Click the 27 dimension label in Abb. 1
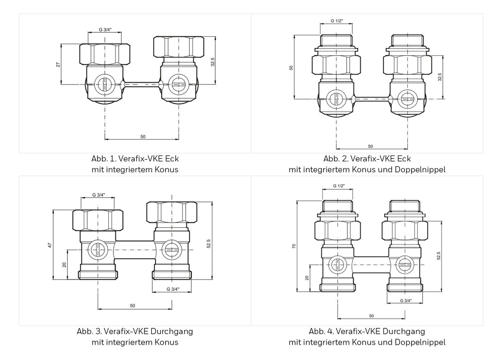pyautogui.click(x=58, y=64)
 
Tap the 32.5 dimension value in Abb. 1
pyautogui.click(x=213, y=62)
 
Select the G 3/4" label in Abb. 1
pyautogui.click(x=105, y=29)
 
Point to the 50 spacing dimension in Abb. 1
pyautogui.click(x=143, y=136)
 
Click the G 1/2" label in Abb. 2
pyautogui.click(x=337, y=21)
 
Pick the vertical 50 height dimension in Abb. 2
pyautogui.click(x=291, y=67)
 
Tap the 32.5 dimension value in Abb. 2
pyautogui.click(x=440, y=77)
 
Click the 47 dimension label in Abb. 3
pyautogui.click(x=50, y=245)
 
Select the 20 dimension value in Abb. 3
pyautogui.click(x=64, y=265)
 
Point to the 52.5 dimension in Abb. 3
pyautogui.click(x=209, y=244)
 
